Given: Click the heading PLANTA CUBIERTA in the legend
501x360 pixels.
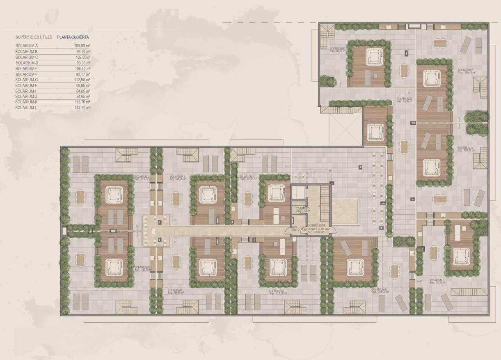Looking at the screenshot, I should pos(73,37).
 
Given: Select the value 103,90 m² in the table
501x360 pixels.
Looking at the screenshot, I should pos(82,46).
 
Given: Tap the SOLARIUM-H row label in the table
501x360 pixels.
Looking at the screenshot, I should pos(27,85).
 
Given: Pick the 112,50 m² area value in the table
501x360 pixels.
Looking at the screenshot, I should pos(82,80).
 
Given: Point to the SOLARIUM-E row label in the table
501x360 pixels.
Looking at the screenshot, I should pos(27,69).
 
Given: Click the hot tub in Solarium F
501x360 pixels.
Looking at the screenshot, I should pos(374,56).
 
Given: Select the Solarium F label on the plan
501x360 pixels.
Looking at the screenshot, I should pos(337,50).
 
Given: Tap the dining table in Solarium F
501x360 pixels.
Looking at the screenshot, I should pos(405,70).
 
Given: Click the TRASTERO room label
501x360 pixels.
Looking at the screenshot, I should pos(304,209).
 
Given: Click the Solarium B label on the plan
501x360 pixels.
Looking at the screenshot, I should pos(437,281).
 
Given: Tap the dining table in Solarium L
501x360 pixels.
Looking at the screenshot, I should pos(80,197).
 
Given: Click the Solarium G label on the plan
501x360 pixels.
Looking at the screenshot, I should pos(277,292).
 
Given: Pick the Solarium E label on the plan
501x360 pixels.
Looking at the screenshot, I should pos(466,71).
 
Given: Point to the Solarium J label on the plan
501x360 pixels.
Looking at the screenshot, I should pos(177,177).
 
